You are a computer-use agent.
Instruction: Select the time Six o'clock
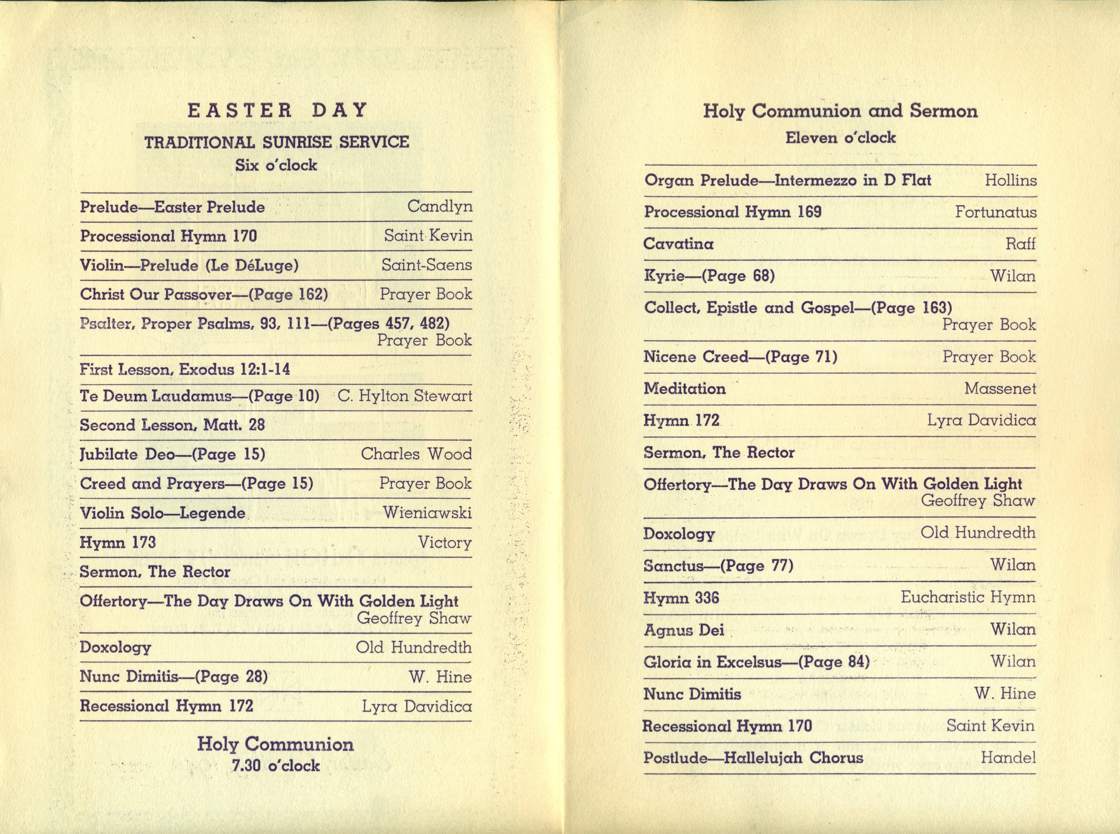pyautogui.click(x=276, y=165)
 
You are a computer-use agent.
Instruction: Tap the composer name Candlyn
pyautogui.click(x=439, y=206)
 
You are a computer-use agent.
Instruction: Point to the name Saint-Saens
pyautogui.click(x=426, y=265)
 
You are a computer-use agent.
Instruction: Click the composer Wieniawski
pyautogui.click(x=427, y=513)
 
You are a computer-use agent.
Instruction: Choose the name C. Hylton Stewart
pyautogui.click(x=405, y=396)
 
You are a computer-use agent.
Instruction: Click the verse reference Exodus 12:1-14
pyautogui.click(x=235, y=370)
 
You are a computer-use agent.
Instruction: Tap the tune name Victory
pyautogui.click(x=445, y=542)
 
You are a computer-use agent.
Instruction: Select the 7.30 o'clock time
pyautogui.click(x=276, y=766)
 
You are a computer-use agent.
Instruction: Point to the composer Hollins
pyautogui.click(x=1011, y=180)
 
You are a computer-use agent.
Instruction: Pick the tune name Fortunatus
pyautogui.click(x=995, y=212)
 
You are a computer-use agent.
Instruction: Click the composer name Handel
pyautogui.click(x=1008, y=757)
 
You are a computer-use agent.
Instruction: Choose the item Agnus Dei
pyautogui.click(x=684, y=630)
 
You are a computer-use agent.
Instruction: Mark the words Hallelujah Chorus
pyautogui.click(x=793, y=758)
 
